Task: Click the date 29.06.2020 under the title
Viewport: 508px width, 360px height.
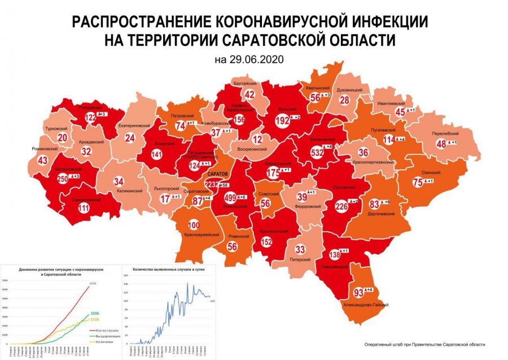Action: pyautogui.click(x=248, y=59)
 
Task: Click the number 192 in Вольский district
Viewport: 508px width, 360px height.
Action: pyautogui.click(x=281, y=120)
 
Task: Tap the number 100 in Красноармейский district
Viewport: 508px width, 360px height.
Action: pyautogui.click(x=194, y=225)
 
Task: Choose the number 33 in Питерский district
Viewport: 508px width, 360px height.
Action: pyautogui.click(x=300, y=249)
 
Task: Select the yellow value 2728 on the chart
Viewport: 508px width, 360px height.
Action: pyautogui.click(x=94, y=319)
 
